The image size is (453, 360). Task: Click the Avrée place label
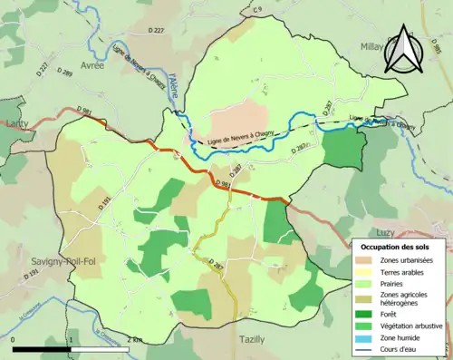(x=92, y=65)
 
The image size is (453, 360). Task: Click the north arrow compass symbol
(x=405, y=49)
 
